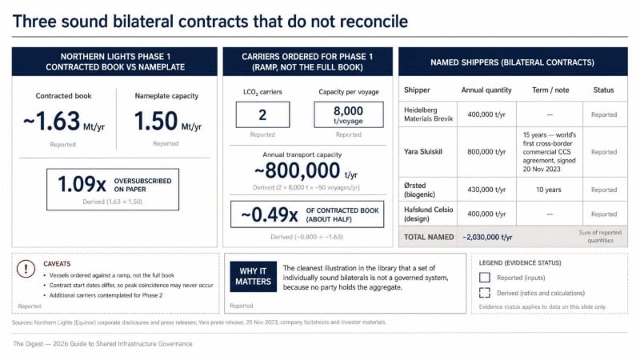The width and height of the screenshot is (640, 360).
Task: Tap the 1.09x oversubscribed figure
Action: click(x=82, y=184)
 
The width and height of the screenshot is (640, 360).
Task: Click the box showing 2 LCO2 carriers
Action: click(x=262, y=114)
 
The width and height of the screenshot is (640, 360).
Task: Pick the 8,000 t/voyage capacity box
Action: click(x=349, y=114)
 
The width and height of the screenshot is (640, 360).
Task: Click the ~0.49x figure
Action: click(x=270, y=214)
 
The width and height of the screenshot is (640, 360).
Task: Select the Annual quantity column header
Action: click(x=486, y=90)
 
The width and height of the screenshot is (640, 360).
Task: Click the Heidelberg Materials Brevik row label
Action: click(x=428, y=114)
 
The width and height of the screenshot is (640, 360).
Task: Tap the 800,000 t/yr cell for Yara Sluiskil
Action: click(x=486, y=152)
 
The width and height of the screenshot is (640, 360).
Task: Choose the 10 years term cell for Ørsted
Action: click(x=549, y=190)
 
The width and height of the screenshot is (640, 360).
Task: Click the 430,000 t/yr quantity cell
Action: click(x=486, y=190)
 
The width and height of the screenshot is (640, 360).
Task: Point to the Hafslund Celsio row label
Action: click(x=428, y=214)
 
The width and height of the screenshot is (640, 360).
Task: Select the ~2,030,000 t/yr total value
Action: click(x=487, y=237)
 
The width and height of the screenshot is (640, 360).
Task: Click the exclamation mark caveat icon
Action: click(x=26, y=269)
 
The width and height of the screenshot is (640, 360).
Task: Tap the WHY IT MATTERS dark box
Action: click(x=253, y=277)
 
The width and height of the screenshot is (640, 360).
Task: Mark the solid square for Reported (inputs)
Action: click(x=485, y=278)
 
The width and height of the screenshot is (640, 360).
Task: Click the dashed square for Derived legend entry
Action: click(x=485, y=293)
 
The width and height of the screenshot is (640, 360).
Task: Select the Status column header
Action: click(x=603, y=90)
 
